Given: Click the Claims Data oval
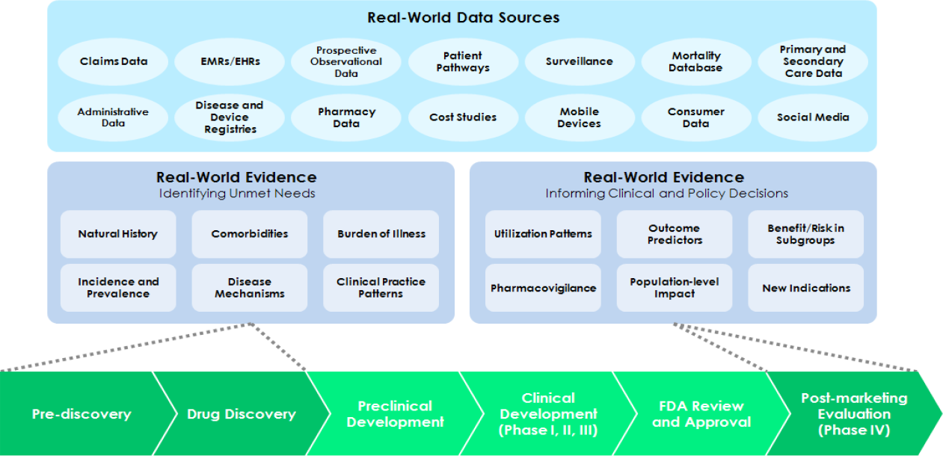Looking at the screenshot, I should (x=114, y=61).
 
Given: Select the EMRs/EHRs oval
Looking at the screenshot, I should (x=230, y=61).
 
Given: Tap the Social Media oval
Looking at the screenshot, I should (x=813, y=117).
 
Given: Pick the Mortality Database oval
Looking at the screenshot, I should (x=696, y=61).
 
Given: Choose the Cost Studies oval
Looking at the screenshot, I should (x=463, y=117).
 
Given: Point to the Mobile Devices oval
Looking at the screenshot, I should (x=579, y=117).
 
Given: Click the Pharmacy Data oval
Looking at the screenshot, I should (x=346, y=117).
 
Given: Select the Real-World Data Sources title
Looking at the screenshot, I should (x=463, y=17).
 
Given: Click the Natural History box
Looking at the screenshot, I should (x=118, y=234).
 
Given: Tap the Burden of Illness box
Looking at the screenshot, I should (x=381, y=234).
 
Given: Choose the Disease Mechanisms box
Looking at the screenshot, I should (x=250, y=288).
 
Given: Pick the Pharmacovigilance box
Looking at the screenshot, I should (x=543, y=288).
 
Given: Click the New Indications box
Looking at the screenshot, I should (x=806, y=288).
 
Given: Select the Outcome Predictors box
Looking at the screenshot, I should (x=675, y=234).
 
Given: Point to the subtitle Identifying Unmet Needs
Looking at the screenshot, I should (x=236, y=194).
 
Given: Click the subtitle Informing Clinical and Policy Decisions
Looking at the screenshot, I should (x=666, y=194).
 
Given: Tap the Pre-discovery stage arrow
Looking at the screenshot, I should (x=81, y=413).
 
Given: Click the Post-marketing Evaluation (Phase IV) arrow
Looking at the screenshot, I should (x=853, y=413).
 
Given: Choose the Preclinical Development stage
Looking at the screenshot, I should (x=395, y=413).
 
